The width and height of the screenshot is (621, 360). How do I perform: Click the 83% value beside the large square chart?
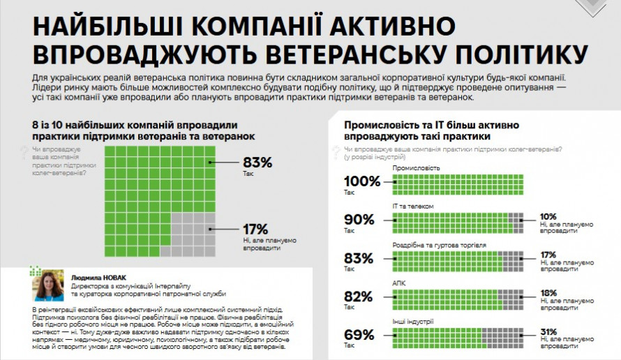click(257, 163)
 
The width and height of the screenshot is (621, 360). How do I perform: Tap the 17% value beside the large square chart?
click(256, 229)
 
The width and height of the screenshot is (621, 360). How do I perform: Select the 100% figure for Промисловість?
click(362, 181)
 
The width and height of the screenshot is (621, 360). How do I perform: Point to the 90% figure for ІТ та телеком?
click(360, 219)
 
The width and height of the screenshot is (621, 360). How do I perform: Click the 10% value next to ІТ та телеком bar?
click(548, 216)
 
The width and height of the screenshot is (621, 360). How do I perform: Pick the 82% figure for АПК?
click(359, 296)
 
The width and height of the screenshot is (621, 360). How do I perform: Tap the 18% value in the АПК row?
click(548, 292)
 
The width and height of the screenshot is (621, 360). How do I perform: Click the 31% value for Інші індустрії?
click(548, 331)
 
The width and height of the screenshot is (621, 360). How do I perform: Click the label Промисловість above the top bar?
click(417, 168)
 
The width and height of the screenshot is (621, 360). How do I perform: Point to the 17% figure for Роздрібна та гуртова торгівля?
click(548, 254)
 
